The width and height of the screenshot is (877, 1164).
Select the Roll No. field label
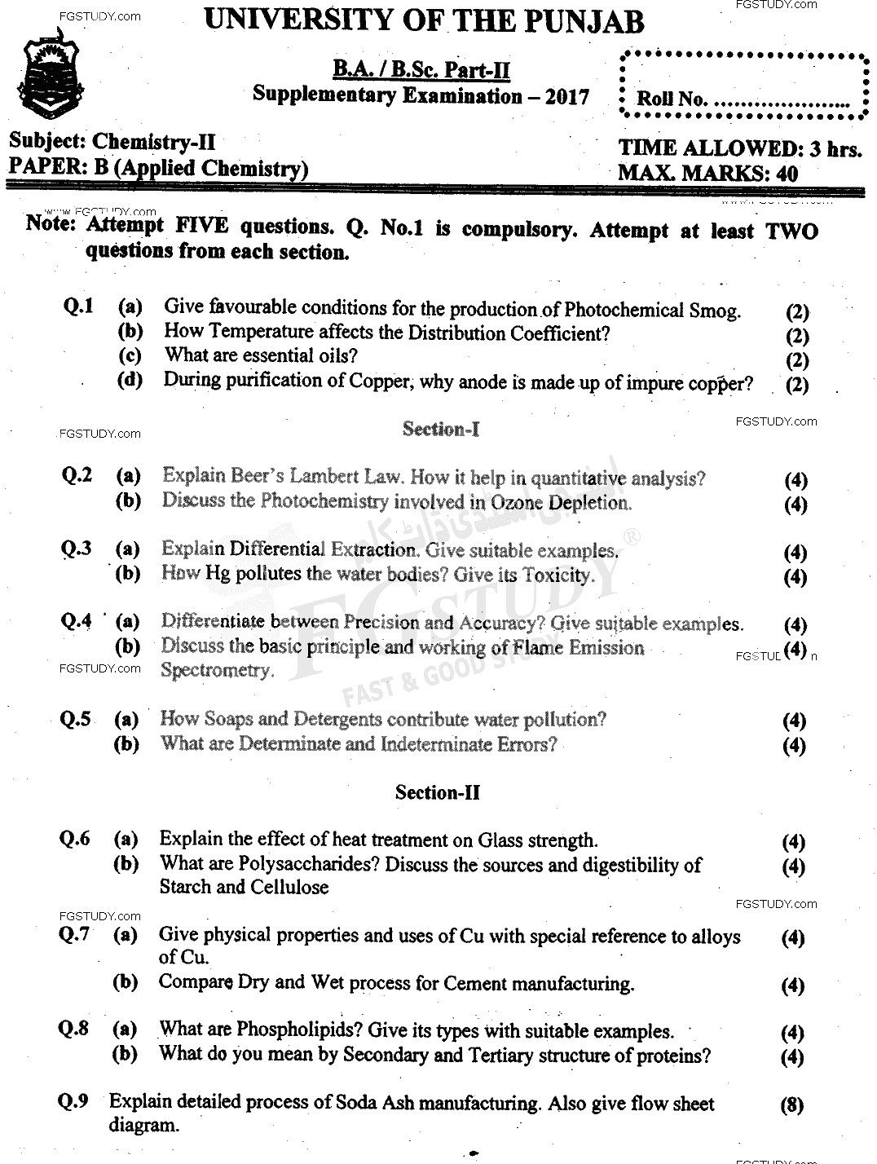tap(670, 99)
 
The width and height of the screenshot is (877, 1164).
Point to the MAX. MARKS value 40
tap(787, 173)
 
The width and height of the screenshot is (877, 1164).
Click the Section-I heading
tap(440, 429)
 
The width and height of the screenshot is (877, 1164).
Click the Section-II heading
tap(438, 791)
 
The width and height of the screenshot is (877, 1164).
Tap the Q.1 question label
tap(78, 306)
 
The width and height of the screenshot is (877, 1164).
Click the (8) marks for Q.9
tap(791, 1105)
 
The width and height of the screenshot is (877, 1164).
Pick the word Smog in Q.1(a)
tap(715, 310)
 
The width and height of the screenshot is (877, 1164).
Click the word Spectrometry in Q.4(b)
tap(216, 670)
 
